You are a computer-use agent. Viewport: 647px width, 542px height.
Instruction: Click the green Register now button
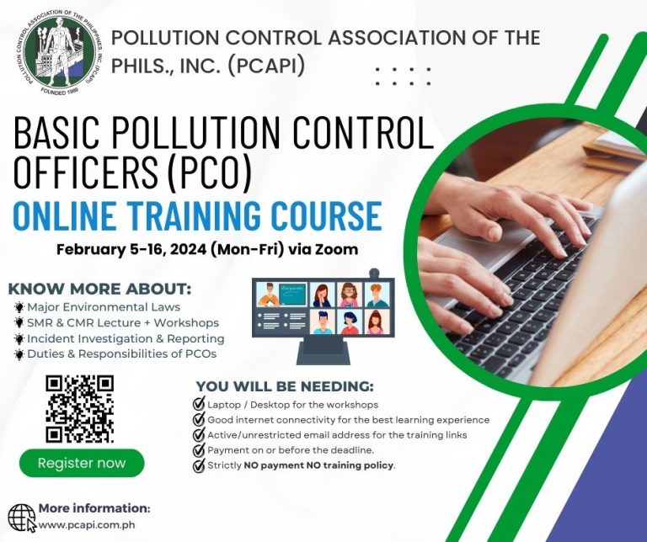(x=82, y=463)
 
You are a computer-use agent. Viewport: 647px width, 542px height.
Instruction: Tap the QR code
(x=79, y=409)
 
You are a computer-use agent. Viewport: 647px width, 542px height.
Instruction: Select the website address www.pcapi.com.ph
(x=87, y=525)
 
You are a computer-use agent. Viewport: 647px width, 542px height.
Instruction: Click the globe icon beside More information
(x=22, y=518)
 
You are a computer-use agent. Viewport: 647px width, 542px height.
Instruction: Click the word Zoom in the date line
(x=336, y=249)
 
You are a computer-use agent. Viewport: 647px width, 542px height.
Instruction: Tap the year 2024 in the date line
(x=188, y=249)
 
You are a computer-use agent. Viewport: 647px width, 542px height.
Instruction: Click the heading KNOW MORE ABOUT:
(x=100, y=289)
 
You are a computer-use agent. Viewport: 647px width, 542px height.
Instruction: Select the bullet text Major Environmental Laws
(x=104, y=307)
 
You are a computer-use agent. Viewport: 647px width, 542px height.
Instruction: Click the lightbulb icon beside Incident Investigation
(x=19, y=339)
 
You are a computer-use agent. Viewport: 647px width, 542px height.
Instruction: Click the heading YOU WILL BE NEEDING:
(x=285, y=386)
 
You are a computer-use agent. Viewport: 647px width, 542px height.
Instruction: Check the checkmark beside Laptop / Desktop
(x=199, y=404)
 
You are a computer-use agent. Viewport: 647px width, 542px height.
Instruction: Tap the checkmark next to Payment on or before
(x=199, y=449)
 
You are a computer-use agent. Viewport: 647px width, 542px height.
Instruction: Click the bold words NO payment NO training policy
(x=318, y=465)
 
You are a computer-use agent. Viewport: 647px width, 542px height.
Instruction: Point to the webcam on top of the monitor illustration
(x=374, y=274)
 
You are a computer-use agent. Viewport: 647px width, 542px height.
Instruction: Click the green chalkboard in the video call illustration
(x=292, y=295)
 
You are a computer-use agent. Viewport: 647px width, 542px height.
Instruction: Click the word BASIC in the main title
(x=57, y=133)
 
